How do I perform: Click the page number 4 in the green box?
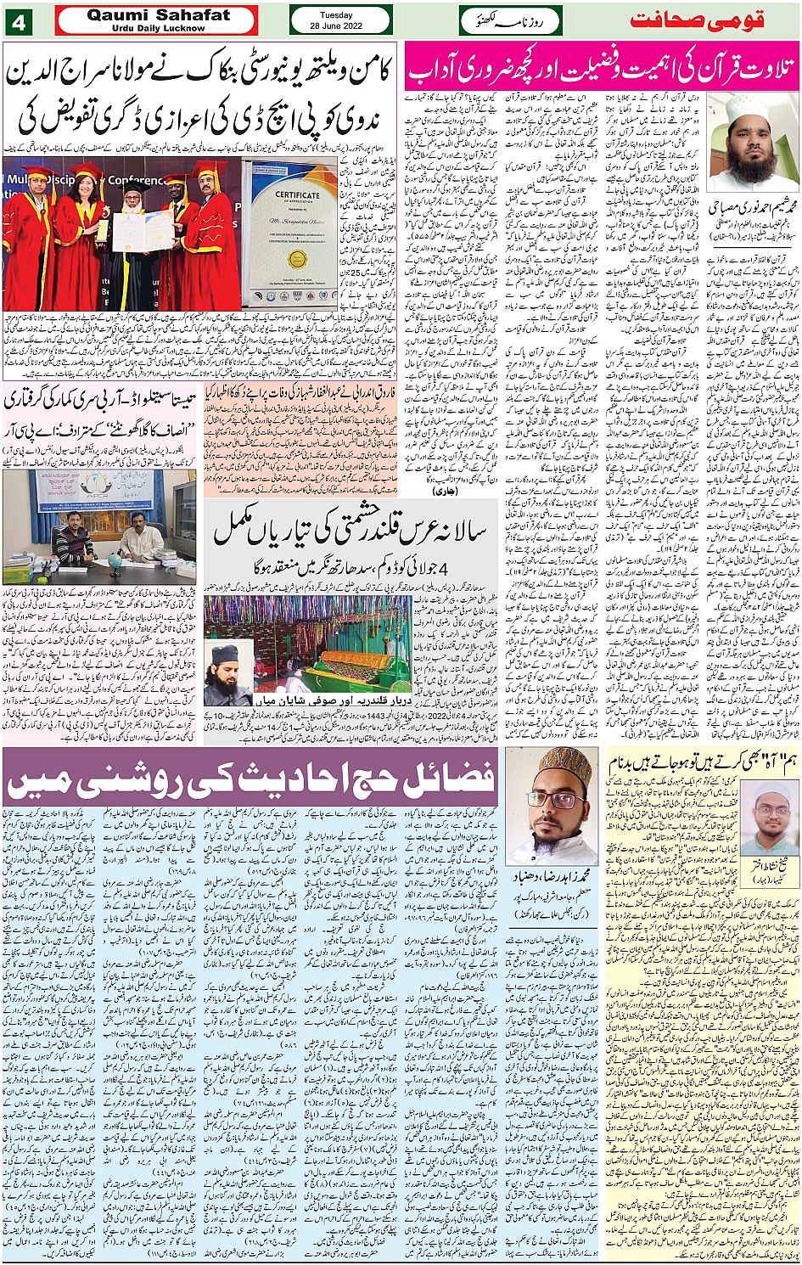pyautogui.click(x=18, y=21)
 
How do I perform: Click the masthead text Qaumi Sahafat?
pyautogui.click(x=158, y=15)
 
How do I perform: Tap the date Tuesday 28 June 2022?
pyautogui.click(x=340, y=20)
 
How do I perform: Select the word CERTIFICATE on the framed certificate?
pyautogui.click(x=297, y=194)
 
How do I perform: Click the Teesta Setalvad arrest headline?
pyautogui.click(x=100, y=400)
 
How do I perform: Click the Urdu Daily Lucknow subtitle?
pyautogui.click(x=158, y=28)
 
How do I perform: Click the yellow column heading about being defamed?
pyautogui.click(x=704, y=761)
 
